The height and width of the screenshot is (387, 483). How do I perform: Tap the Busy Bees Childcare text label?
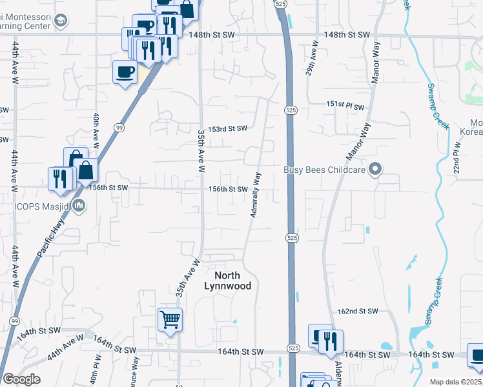point(324,170)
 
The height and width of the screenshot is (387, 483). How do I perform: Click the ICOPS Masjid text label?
point(36,206)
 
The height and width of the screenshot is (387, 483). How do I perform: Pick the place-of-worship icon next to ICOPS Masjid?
point(79,206)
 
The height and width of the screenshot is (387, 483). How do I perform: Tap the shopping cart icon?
point(170,319)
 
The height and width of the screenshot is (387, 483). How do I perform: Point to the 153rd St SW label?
point(223,128)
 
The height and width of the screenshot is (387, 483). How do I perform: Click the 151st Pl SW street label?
point(345,106)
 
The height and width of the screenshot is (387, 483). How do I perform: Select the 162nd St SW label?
point(357,311)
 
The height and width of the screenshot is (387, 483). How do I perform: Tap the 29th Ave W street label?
point(312,59)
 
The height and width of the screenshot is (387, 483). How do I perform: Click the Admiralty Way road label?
point(256,194)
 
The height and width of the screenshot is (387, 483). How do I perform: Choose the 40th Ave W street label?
point(96,129)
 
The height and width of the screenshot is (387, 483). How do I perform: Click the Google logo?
point(21,380)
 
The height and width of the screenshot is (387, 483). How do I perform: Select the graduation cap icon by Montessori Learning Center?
point(61,21)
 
